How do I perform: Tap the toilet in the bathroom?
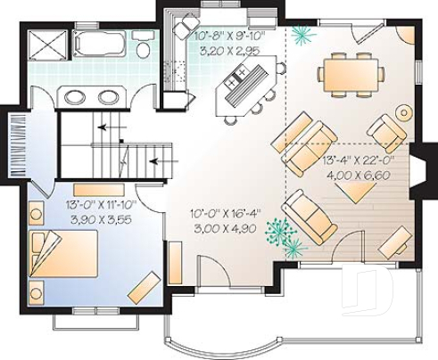coord(143,45)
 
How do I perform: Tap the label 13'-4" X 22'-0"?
coord(362,162)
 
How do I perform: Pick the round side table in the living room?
coord(404,113)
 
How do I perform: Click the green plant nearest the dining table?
coord(302,35)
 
